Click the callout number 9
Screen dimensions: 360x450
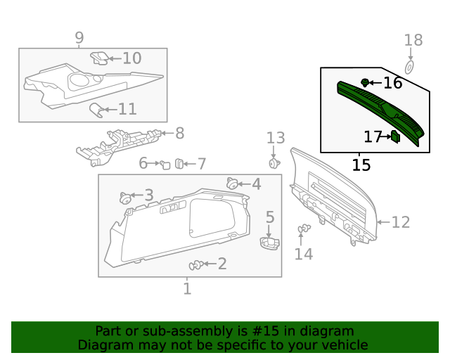pos(79,37)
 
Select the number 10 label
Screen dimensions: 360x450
pos(131,58)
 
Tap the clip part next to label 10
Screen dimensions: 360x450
pos(100,58)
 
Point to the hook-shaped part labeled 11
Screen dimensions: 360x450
pos(96,109)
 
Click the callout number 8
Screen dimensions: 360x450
pos(179,132)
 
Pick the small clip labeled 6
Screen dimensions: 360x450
pos(165,165)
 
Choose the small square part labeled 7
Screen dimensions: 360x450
pos(179,164)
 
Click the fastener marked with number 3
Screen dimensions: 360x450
pos(127,198)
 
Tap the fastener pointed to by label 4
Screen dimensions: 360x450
pos(232,184)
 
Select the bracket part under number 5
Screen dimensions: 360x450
pos(269,243)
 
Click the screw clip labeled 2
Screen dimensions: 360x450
pos(196,265)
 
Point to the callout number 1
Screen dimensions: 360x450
pos(187,288)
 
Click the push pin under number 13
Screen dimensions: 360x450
pos(274,164)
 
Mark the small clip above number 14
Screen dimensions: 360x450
pos(304,229)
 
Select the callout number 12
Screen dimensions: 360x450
pos(400,222)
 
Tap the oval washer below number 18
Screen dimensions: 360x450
pos(412,65)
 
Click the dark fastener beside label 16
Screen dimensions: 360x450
pos(365,83)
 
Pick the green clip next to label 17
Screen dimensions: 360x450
pos(395,136)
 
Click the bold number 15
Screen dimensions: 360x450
pos(361,165)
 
